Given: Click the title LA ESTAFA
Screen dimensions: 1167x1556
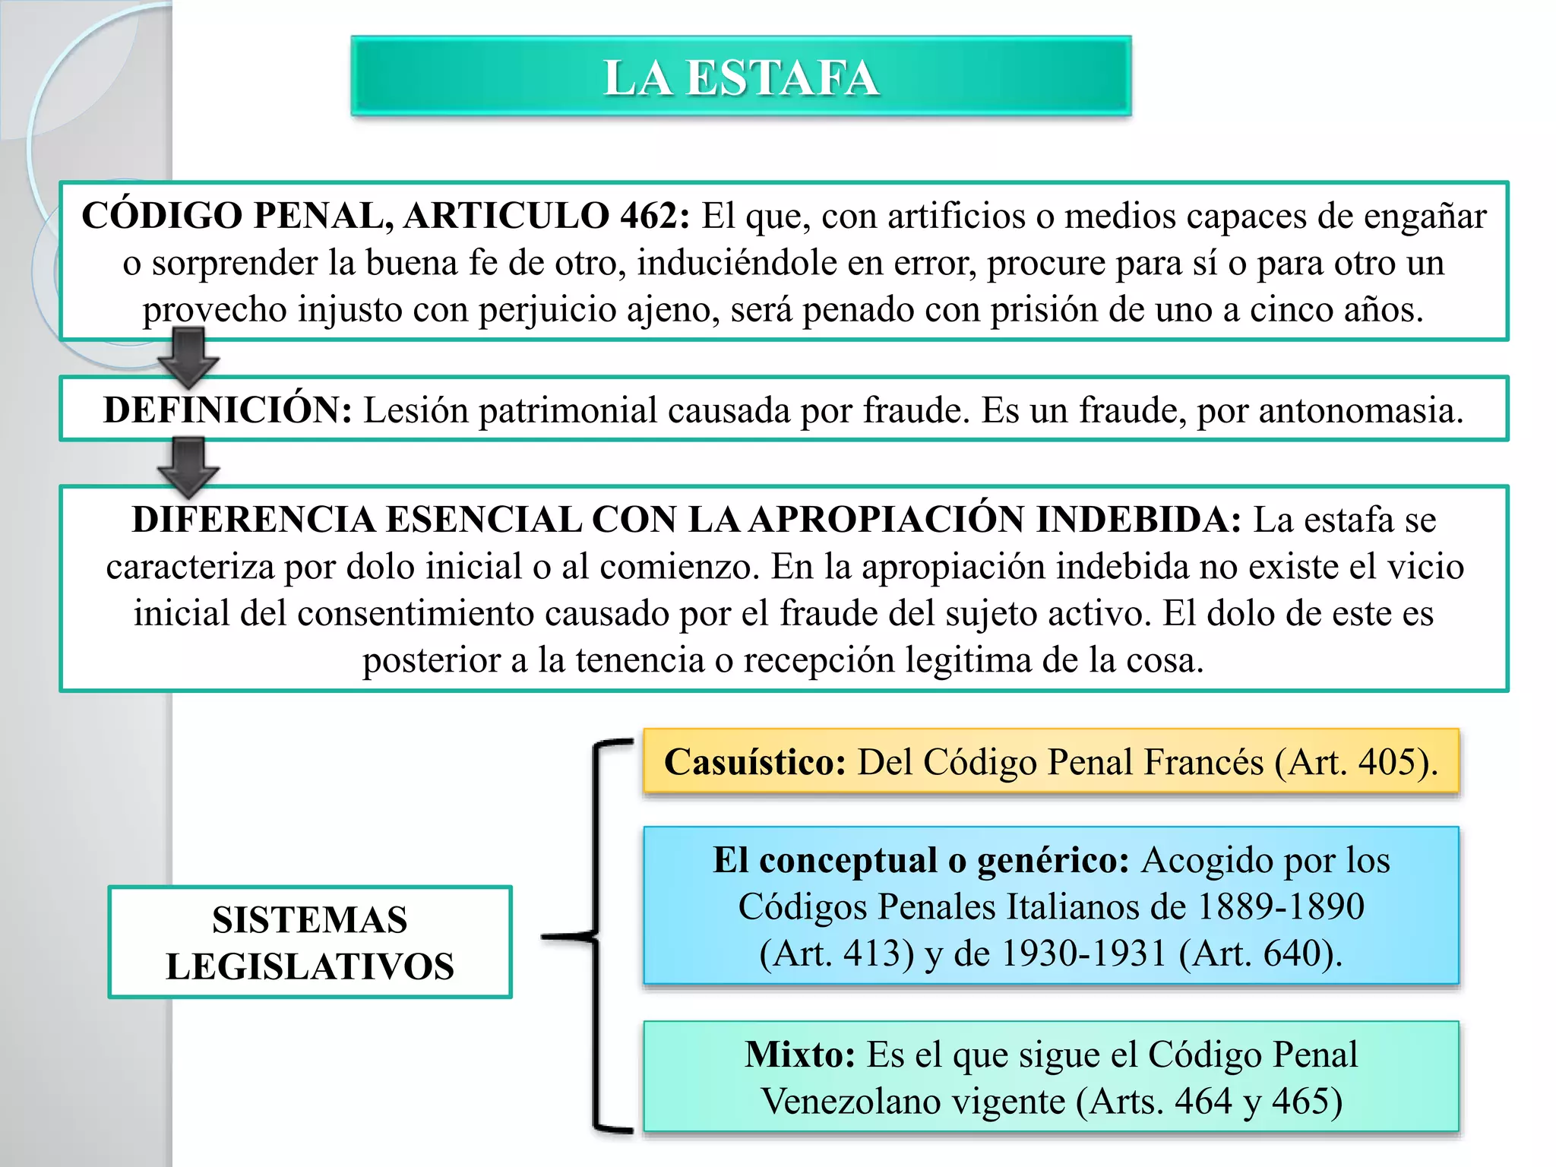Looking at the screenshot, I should [x=741, y=77].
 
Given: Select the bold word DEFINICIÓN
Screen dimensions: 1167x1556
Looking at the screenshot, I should [x=227, y=410].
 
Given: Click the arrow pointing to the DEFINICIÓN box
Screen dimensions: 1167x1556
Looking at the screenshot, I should [x=188, y=357].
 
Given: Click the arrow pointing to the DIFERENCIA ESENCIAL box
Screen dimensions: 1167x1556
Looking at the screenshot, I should [x=188, y=466].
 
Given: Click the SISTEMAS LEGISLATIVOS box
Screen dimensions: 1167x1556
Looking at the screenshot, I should [x=310, y=942].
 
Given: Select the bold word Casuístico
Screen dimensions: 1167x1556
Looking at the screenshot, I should [x=754, y=762].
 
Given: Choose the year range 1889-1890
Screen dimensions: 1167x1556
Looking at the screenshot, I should [x=1280, y=906].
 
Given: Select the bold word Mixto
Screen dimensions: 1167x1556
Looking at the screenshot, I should [x=799, y=1055].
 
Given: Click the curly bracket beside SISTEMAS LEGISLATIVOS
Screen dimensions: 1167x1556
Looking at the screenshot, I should [x=597, y=936].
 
